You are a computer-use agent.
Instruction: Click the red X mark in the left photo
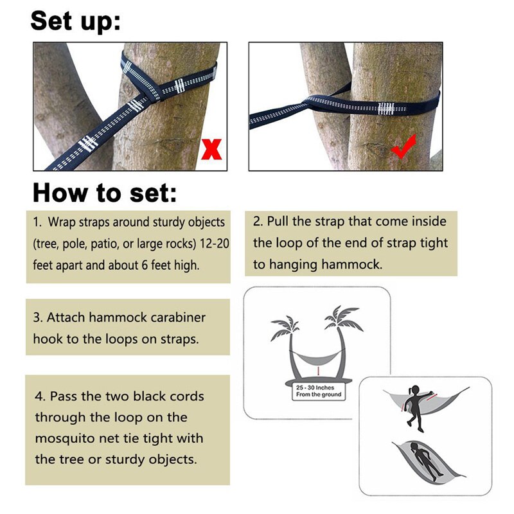(211, 149)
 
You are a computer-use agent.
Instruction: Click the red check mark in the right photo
(405, 146)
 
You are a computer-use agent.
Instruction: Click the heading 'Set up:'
(75, 21)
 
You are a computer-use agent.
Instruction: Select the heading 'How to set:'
(104, 192)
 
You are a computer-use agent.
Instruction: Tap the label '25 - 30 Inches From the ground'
(318, 391)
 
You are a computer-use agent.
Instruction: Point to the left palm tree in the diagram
(283, 334)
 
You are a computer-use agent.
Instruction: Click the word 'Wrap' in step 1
(60, 222)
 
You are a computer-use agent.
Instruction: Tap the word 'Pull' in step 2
(281, 222)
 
